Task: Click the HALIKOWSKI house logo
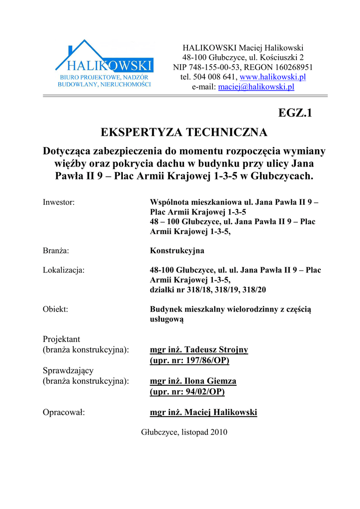pos(104,63)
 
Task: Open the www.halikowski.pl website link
pos(272,77)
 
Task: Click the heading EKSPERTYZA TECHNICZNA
pos(184,132)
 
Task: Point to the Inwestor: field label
pos(59,202)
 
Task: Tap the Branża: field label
pos(56,251)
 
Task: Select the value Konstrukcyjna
pos(177,251)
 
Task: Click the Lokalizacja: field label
pos(64,270)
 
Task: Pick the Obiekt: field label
pos(56,309)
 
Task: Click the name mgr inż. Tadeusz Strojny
pos(199,349)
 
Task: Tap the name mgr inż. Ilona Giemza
pos(193,381)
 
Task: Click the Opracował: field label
pos(64,412)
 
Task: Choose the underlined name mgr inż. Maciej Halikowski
pos(203,412)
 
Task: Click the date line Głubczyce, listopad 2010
pos(184,432)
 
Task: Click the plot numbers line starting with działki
pos(208,289)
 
